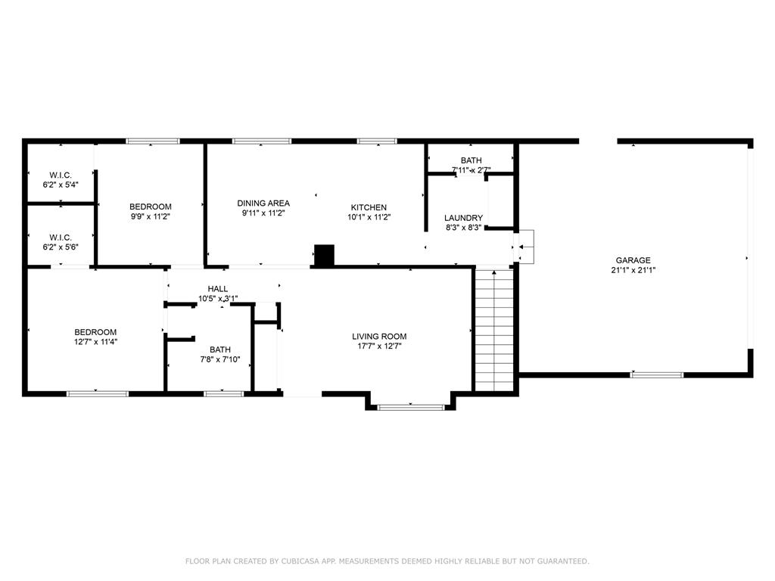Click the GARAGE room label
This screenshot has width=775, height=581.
coord(633,260)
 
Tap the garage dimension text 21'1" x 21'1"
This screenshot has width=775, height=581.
coord(633,270)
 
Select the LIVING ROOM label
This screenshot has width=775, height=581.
coord(379,337)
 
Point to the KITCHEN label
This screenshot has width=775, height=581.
coord(369,207)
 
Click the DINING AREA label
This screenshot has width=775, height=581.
coord(263,203)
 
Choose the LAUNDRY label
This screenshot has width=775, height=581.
coord(463,218)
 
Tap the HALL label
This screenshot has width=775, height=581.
coord(218,289)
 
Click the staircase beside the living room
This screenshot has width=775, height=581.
coord(494,330)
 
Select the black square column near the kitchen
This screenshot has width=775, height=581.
coord(324,256)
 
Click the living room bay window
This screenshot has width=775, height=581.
coord(411,408)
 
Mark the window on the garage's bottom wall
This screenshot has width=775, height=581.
coord(657,374)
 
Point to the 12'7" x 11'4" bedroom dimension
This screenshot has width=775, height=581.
coord(95,342)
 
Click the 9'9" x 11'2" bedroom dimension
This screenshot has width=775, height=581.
coord(150,216)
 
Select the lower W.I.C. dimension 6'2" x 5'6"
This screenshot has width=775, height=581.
coord(61,247)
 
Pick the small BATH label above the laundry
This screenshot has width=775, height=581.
coord(472,160)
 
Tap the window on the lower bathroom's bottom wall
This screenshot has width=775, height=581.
coord(224,393)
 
